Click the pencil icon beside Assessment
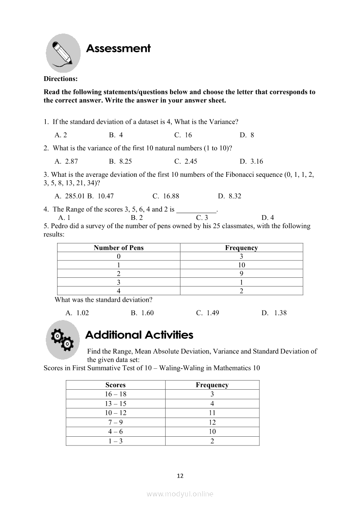pyautogui.click(x=63, y=53)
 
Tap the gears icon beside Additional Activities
pyautogui.click(x=62, y=340)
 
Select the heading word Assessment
pyautogui.click(x=118, y=48)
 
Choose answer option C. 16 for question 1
pyautogui.click(x=183, y=135)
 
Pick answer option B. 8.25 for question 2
pyautogui.click(x=120, y=161)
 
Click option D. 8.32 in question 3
pyautogui.click(x=230, y=196)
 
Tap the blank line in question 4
pyautogui.click(x=196, y=209)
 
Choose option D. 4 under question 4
pyautogui.click(x=268, y=217)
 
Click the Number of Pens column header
pyautogui.click(x=119, y=248)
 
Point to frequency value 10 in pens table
pyautogui.click(x=241, y=265)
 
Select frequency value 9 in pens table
pyautogui.click(x=241, y=273)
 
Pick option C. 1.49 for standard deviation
pyautogui.click(x=207, y=313)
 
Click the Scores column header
pyautogui.click(x=115, y=385)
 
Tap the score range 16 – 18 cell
pyautogui.click(x=115, y=394)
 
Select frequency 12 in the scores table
pyautogui.click(x=212, y=422)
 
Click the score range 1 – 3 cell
pyautogui.click(x=115, y=441)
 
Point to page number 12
pyautogui.click(x=180, y=475)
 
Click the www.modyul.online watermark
pyautogui.click(x=180, y=494)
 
